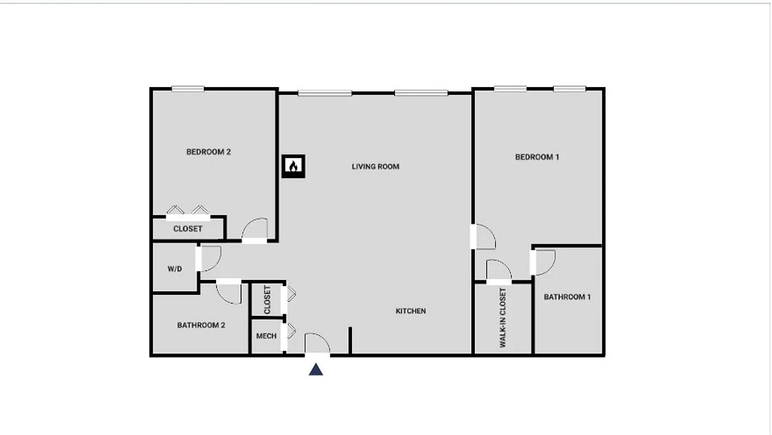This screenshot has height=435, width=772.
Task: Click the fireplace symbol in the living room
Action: pos(293,166)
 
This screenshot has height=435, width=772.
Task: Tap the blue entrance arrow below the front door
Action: pos(316,370)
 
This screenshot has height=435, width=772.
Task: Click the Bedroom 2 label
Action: pos(208,152)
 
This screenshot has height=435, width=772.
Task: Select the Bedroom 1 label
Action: pos(537,157)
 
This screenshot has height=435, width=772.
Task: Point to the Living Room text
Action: pos(375,166)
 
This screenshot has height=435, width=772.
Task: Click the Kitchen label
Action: pos(410,311)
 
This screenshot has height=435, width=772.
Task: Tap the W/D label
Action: pos(175,269)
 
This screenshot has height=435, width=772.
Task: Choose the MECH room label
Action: pos(266,336)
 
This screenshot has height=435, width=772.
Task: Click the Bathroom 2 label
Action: pos(201,325)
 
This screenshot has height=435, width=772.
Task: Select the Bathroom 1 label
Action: pos(567,297)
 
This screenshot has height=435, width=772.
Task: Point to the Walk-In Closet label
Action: pos(502,318)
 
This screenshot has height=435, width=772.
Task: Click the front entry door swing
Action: pos(317,344)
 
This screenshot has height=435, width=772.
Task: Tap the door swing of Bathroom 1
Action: pos(544,262)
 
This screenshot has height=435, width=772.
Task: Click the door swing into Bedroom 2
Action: pos(255,229)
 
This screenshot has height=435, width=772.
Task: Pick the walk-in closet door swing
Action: pos(498,271)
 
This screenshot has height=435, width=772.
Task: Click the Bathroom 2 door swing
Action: pos(229,293)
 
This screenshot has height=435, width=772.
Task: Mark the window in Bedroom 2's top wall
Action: pos(188,89)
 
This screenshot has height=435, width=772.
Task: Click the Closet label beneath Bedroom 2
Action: pos(188,229)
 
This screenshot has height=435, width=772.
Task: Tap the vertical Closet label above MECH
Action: pos(267,300)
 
